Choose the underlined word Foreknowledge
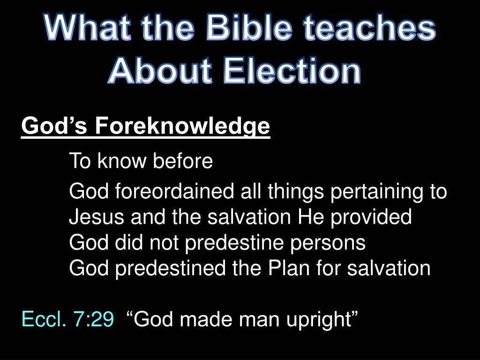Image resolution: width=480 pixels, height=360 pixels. click(182, 127)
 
